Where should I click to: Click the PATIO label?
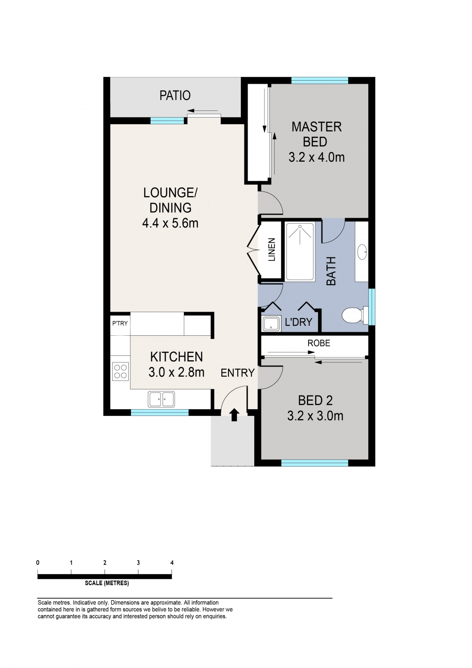tap(175, 96)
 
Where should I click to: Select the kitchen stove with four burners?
tap(121, 371)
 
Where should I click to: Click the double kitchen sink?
tap(161, 399)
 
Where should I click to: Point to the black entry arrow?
tap(234, 415)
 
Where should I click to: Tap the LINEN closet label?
tap(272, 249)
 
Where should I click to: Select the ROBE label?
tap(319, 343)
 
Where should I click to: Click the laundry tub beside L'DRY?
tap(272, 324)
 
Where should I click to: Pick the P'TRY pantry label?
tap(120, 323)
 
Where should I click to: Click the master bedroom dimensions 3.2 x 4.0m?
tap(316, 157)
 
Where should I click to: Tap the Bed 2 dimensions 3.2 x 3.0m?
tap(315, 415)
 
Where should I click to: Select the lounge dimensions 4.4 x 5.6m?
tap(170, 223)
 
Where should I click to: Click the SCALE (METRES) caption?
tap(107, 583)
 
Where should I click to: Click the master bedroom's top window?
tap(320, 81)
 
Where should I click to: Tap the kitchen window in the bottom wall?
tap(160, 412)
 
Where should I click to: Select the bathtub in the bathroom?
tap(300, 252)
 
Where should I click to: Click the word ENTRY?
tap(238, 373)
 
